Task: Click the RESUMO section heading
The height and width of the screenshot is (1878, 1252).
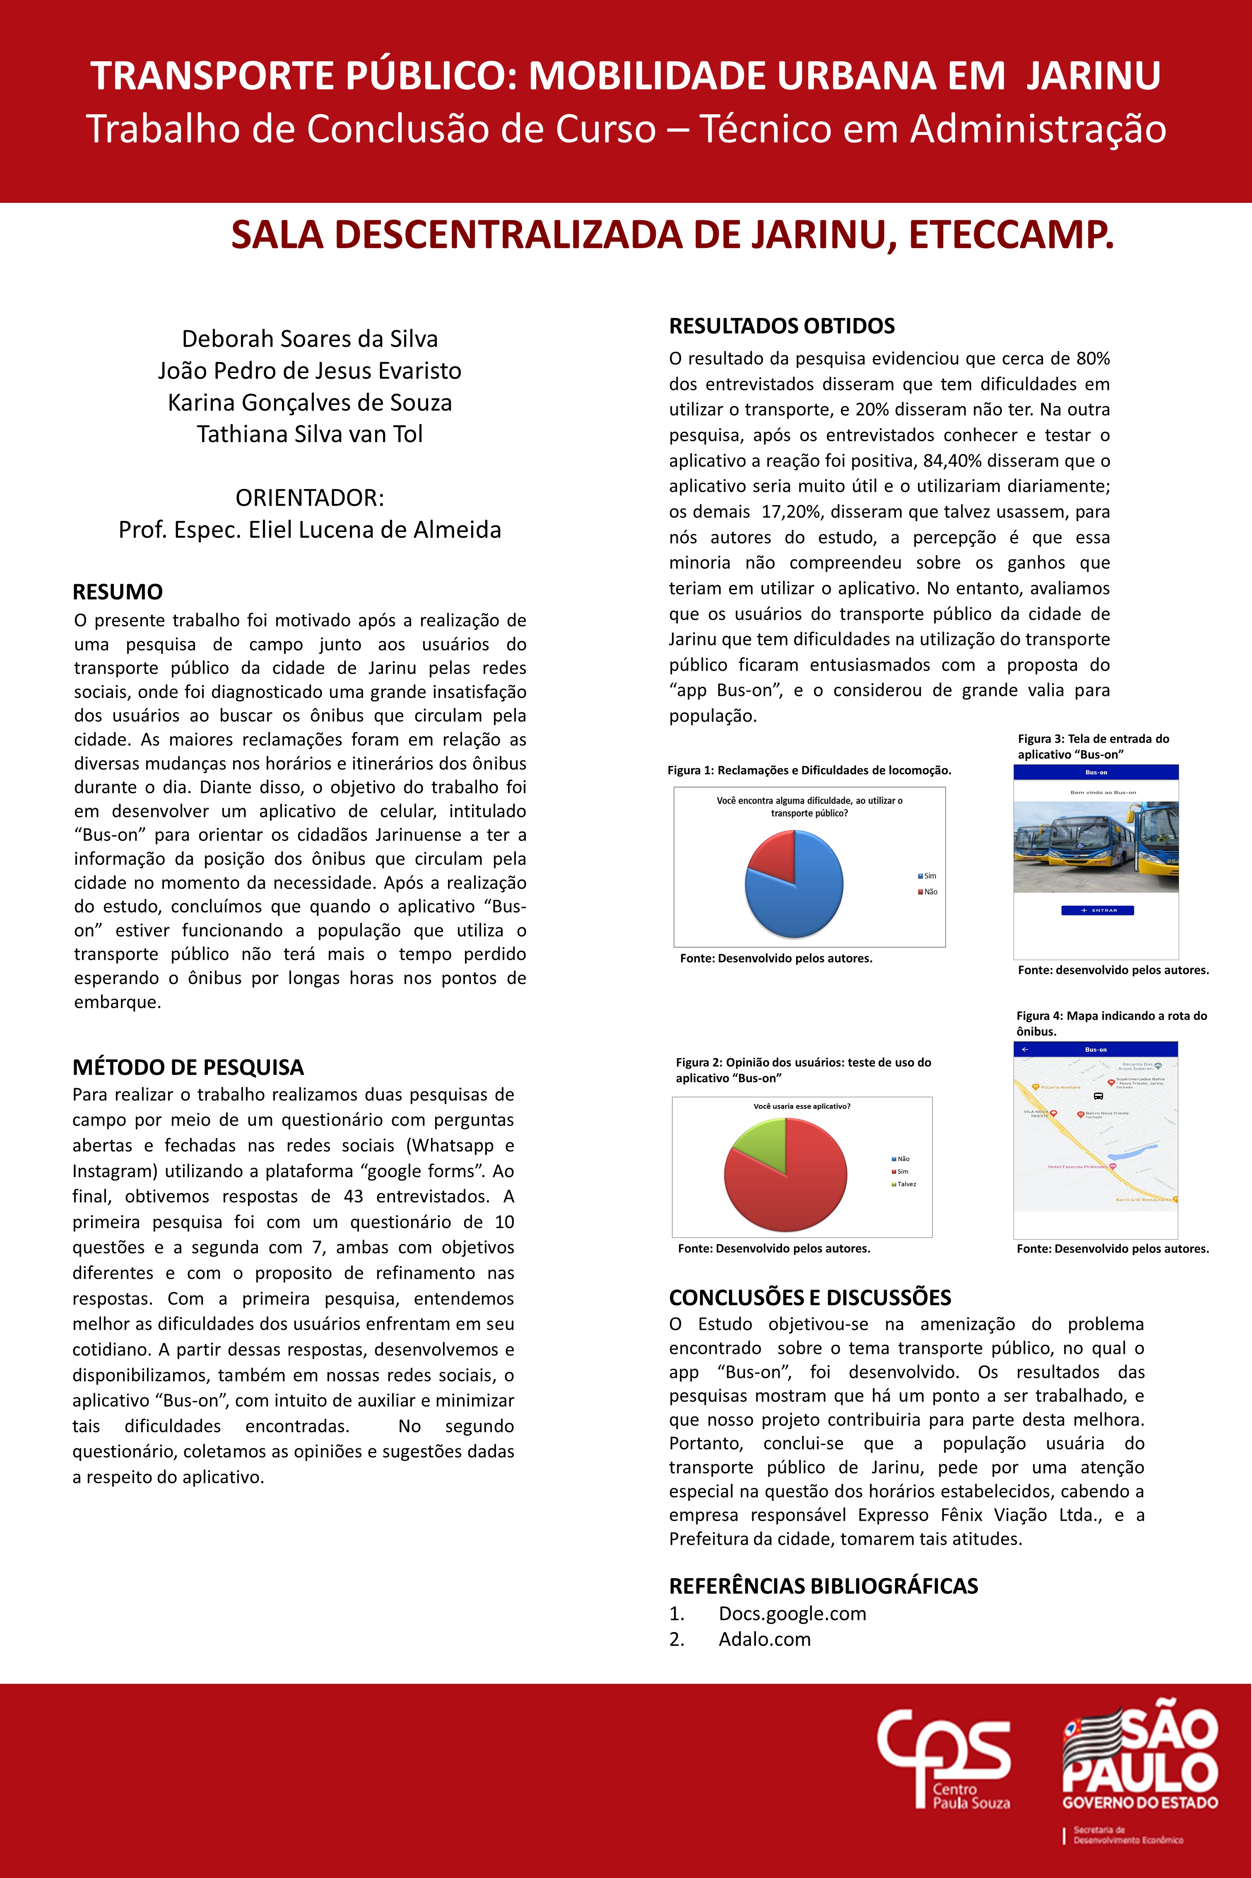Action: point(118,592)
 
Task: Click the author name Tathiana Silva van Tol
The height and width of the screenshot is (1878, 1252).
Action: point(310,434)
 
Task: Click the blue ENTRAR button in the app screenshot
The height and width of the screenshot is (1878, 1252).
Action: point(1097,910)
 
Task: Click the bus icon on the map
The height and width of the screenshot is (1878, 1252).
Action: point(1098,1096)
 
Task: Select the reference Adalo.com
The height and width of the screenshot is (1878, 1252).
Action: point(764,1639)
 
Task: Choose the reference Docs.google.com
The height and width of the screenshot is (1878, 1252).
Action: point(792,1614)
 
